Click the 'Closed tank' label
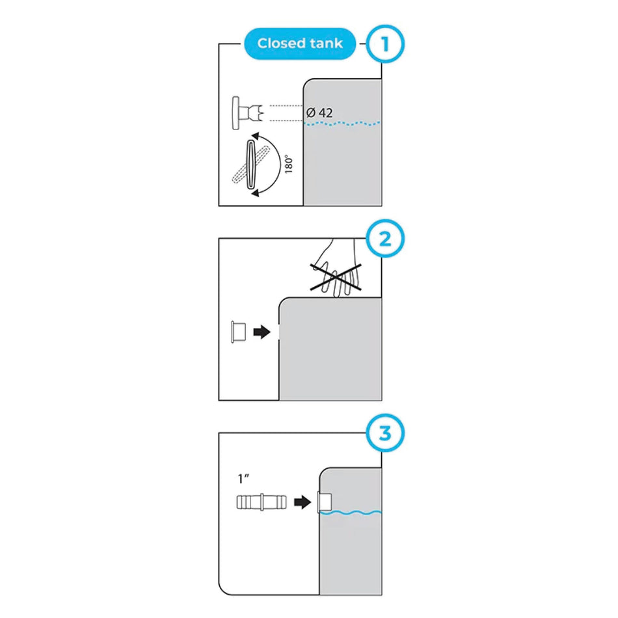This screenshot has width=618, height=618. point(300,44)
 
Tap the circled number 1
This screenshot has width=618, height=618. point(384,44)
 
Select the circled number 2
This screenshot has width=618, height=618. point(384,239)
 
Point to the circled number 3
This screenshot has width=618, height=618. point(384,433)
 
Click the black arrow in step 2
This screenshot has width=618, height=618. point(262,332)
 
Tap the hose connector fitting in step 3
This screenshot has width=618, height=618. point(260,503)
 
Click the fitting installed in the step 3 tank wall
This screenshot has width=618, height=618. point(324,503)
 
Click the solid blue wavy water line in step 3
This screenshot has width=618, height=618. point(352,513)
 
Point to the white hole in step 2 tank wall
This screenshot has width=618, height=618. point(278,332)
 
